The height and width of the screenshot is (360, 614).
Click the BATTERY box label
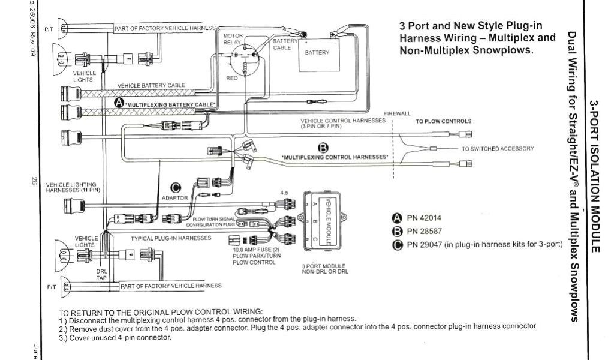click(x=317, y=52)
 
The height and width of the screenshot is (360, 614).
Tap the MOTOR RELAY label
click(x=233, y=39)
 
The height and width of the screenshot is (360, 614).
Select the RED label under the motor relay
click(x=232, y=79)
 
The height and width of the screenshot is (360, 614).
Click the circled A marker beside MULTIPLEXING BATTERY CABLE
click(x=119, y=103)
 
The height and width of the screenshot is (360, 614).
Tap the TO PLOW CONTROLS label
click(x=444, y=121)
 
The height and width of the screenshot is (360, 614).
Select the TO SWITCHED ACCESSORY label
click(x=497, y=148)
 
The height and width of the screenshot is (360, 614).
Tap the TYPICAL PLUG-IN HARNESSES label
click(x=171, y=238)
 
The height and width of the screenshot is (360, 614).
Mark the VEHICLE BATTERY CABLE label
click(x=151, y=85)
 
